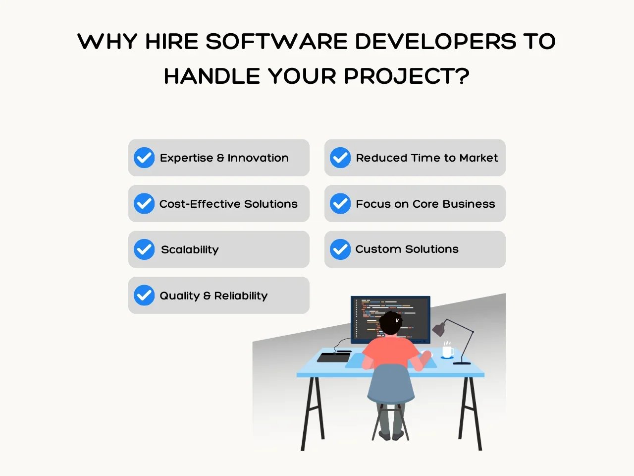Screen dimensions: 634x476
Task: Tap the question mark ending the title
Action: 463,76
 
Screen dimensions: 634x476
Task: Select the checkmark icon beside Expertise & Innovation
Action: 144,158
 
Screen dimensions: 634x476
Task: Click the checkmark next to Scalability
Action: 144,249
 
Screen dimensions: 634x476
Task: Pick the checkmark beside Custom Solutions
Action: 340,249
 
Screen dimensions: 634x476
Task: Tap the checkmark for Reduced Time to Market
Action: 340,158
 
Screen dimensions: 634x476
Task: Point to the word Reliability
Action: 241,296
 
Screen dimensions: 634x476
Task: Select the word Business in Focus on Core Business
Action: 469,204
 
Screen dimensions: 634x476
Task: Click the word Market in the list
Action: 478,158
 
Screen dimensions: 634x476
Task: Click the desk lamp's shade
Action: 439,329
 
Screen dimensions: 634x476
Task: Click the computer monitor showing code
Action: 390,319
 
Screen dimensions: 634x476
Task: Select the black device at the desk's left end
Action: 334,357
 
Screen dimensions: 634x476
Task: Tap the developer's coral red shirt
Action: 390,353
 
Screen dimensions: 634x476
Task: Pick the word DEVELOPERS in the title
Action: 435,41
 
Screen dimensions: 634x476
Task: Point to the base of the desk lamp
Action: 462,363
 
